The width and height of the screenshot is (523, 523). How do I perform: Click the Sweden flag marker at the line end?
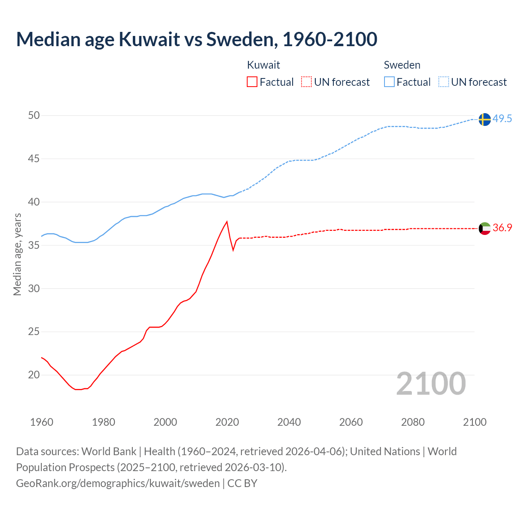point(484,119)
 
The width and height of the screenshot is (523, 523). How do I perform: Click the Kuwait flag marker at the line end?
point(484,228)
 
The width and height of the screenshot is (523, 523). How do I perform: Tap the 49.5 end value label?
point(502,119)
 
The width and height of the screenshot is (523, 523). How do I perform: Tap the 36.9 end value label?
point(502,228)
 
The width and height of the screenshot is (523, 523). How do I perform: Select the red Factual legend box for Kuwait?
point(252,82)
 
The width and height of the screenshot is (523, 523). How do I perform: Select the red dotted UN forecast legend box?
point(306,82)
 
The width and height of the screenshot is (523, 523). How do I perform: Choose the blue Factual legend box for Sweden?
point(389,82)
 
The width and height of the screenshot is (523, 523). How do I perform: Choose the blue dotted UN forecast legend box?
point(444,82)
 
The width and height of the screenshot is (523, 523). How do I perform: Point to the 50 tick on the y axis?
point(34,116)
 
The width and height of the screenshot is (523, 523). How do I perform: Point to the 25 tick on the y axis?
point(34,332)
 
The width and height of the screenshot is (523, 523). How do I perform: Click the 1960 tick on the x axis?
point(42,422)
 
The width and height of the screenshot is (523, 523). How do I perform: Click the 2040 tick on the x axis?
point(289,422)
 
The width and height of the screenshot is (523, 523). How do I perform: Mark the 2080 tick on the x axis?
point(413,422)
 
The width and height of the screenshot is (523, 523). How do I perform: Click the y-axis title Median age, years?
point(17,254)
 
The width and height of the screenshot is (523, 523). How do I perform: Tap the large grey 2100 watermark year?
point(431,384)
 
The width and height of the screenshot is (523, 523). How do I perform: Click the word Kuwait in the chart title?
point(149,39)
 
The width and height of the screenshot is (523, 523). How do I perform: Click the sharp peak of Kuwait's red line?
point(227,222)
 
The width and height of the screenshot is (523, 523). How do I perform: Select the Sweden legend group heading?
point(402,65)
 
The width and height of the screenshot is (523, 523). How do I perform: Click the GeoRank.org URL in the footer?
point(118,483)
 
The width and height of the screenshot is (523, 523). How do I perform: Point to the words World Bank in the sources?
point(109,451)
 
